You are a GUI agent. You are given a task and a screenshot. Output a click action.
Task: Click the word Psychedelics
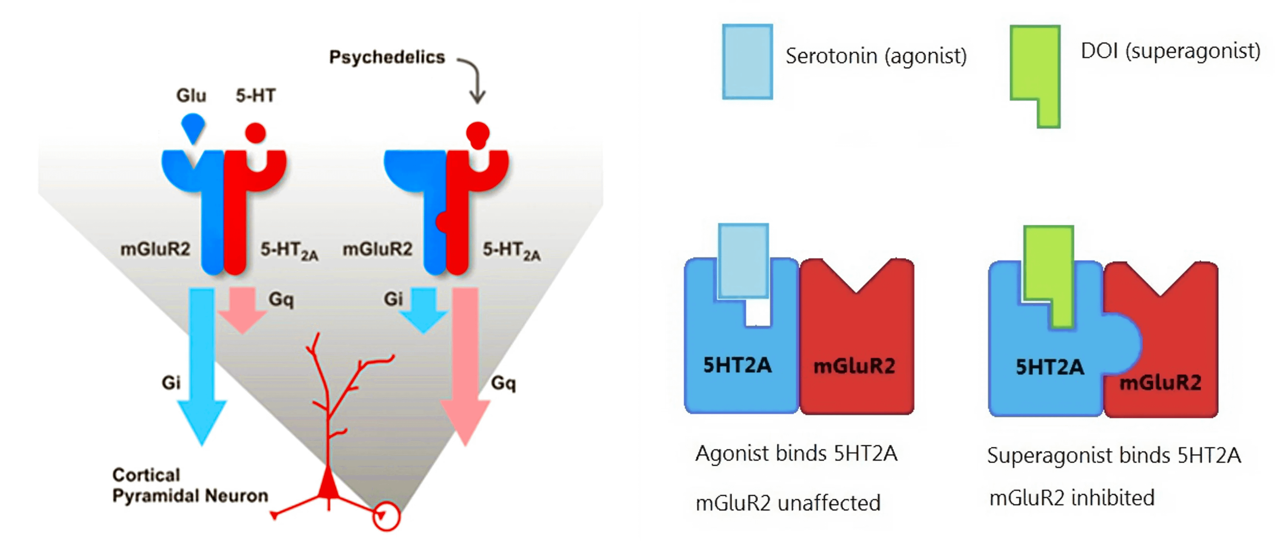(387, 58)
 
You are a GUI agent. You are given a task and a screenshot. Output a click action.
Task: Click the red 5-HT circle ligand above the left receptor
(255, 132)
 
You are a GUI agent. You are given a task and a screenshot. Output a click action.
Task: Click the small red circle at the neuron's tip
(386, 517)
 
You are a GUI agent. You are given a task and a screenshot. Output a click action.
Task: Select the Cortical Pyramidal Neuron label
(190, 485)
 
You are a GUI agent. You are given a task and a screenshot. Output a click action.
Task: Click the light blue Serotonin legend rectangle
(747, 62)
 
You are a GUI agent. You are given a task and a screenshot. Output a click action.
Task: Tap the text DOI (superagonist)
(1170, 51)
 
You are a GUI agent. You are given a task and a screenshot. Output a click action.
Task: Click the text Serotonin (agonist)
(876, 56)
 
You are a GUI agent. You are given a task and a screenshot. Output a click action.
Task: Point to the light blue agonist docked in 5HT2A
(743, 261)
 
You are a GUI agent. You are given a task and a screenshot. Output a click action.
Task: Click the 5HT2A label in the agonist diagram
(737, 365)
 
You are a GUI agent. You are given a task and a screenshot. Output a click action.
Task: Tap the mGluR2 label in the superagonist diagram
(1160, 382)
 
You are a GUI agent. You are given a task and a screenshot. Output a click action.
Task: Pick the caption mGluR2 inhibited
(1071, 498)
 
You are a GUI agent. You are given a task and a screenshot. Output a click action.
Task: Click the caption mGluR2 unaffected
(788, 503)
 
